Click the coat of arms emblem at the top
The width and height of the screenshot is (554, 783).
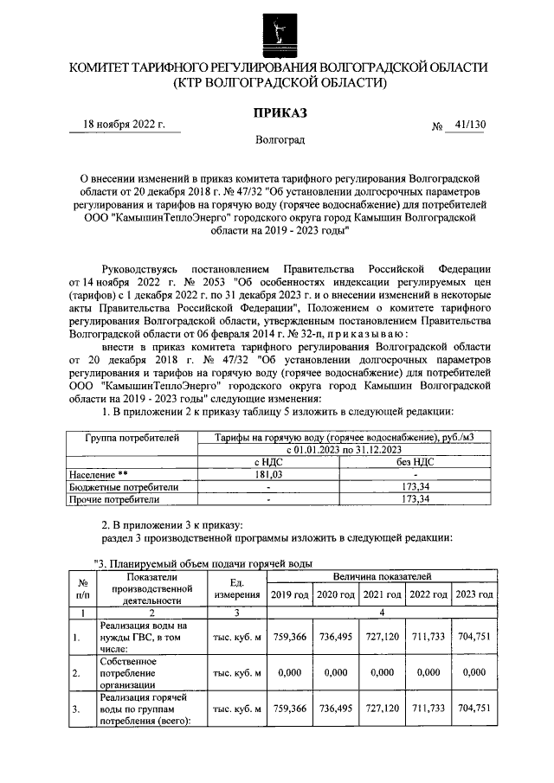click(277, 29)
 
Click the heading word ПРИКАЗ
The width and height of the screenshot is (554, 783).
click(279, 112)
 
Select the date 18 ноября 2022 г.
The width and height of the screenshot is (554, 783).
click(124, 125)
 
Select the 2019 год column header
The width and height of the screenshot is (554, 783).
click(288, 595)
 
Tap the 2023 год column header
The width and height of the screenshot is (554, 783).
click(474, 595)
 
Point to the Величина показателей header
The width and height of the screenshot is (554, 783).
click(382, 575)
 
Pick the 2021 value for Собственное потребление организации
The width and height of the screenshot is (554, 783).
click(382, 671)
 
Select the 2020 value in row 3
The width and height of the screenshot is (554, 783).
click(335, 707)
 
